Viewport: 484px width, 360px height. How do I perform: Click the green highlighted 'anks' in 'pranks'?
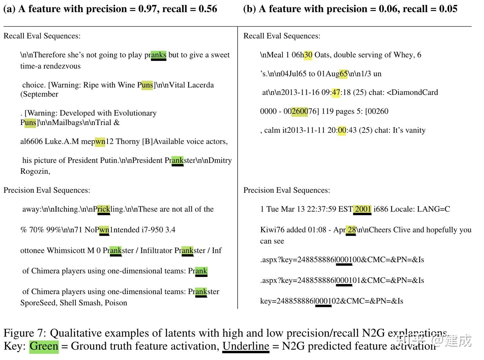(x=158, y=55)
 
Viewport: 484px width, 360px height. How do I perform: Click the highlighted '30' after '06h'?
(x=308, y=55)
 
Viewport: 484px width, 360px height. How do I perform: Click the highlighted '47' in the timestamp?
(x=336, y=92)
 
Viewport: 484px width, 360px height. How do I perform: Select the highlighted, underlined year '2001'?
(x=363, y=209)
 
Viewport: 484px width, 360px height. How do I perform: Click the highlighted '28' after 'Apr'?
(x=352, y=230)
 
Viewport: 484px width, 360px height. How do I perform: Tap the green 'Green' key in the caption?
(x=44, y=346)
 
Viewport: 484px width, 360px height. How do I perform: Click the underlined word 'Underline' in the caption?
(x=246, y=346)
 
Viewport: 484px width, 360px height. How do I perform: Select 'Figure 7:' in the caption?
(x=25, y=333)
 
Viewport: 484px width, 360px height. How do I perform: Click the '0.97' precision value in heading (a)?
(x=148, y=9)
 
